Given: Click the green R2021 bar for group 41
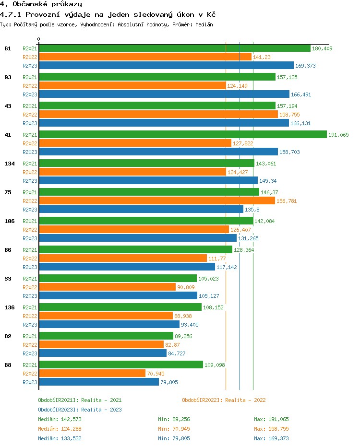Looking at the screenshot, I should [182, 135].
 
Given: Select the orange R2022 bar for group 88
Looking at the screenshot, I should [92, 373].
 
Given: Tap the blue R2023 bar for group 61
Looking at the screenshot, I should [166, 66].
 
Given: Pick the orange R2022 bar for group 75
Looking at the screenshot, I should [157, 200].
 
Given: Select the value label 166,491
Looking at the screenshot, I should [301, 94].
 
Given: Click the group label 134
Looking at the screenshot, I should [9, 164].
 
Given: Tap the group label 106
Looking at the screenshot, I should [9, 221].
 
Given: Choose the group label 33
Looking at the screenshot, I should [8, 279].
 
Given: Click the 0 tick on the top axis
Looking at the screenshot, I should [39, 39].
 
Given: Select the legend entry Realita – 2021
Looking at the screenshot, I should [80, 400].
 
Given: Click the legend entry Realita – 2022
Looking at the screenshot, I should [224, 400].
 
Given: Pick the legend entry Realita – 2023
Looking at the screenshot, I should [80, 410].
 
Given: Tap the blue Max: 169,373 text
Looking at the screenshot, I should [271, 438].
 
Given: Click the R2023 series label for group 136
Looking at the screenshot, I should [30, 325].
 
